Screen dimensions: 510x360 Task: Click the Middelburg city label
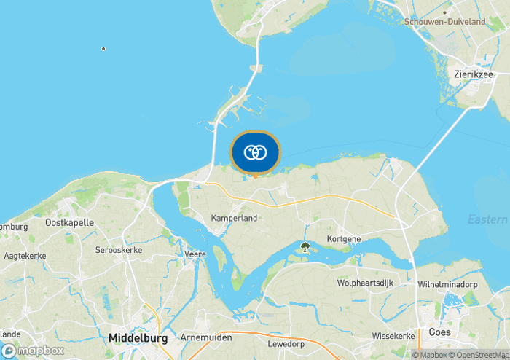[138, 338]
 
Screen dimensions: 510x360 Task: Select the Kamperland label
[234, 218]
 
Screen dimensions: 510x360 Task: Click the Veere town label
[197, 254]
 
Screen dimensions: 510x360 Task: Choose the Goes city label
[439, 332]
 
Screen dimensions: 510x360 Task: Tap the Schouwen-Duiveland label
[444, 22]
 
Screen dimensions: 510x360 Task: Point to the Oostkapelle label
[69, 222]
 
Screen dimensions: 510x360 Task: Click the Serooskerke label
[119, 250]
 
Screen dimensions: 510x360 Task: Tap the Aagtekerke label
[25, 256]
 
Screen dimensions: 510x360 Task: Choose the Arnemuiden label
[206, 337]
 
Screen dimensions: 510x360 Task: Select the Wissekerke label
[393, 336]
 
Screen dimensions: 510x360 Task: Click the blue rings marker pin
[255, 153]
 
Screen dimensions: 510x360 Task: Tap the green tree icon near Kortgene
[305, 248]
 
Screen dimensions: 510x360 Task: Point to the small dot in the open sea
[103, 49]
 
